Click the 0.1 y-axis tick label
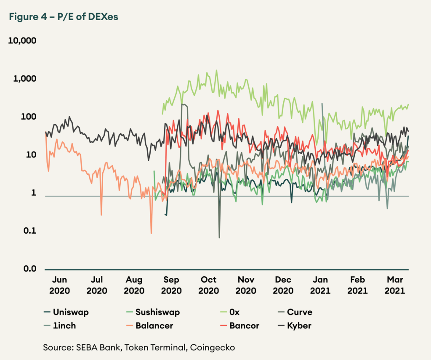(29, 231)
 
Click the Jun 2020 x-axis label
(59, 285)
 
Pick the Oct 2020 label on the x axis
(209, 285)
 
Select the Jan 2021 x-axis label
(321, 285)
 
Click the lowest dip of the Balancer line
(151, 233)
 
